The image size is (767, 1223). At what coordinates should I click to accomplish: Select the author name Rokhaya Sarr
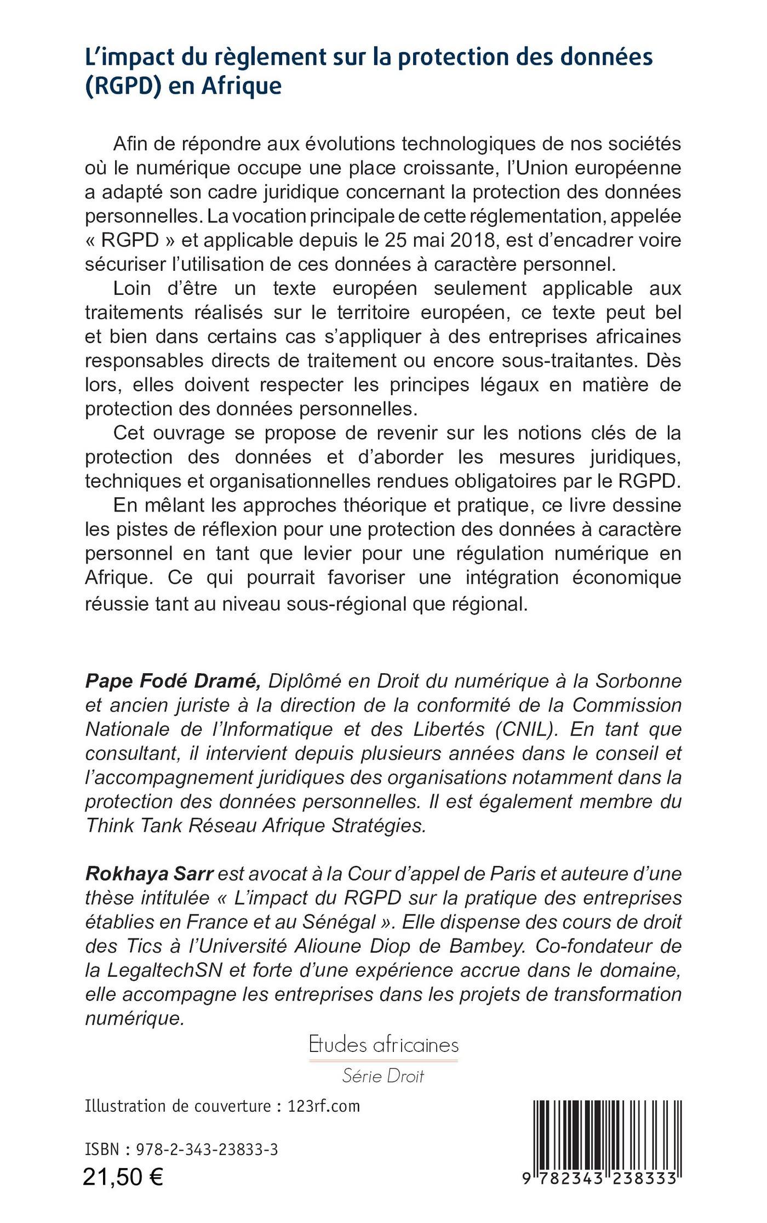click(x=149, y=874)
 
